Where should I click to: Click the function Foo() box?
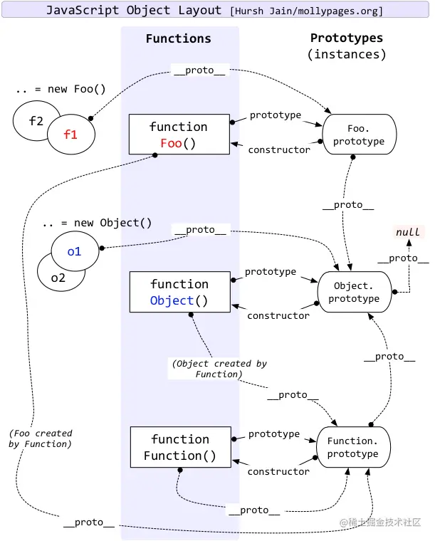(x=179, y=134)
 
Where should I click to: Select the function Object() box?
(x=179, y=292)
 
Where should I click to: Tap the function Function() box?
(x=180, y=447)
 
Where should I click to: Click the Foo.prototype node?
(x=359, y=135)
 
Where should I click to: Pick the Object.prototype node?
(x=354, y=292)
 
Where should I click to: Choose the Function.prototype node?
(x=353, y=447)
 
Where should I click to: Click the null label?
(x=408, y=233)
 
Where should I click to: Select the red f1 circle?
(x=71, y=133)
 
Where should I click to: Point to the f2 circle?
(x=35, y=121)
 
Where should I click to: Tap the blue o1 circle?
(x=75, y=251)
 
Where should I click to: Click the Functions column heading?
(x=179, y=39)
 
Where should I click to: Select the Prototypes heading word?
(x=347, y=38)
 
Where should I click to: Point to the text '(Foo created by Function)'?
(x=41, y=438)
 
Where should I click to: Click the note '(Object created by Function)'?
(x=219, y=369)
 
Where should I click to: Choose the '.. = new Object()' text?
(x=97, y=223)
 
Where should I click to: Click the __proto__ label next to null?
(x=403, y=258)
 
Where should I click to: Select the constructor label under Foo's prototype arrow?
(x=279, y=149)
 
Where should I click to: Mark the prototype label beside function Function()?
(x=274, y=434)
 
